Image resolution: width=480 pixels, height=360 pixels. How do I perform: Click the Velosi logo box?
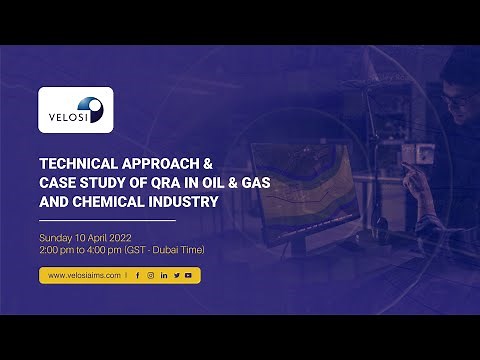pyautogui.click(x=75, y=110)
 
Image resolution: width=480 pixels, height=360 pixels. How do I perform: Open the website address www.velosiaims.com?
pyautogui.click(x=82, y=275)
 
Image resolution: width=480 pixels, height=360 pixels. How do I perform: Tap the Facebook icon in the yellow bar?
pyautogui.click(x=137, y=275)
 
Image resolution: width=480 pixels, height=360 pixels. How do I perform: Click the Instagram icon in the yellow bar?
pyautogui.click(x=150, y=275)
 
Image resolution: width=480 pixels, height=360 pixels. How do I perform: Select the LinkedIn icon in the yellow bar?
pyautogui.click(x=163, y=275)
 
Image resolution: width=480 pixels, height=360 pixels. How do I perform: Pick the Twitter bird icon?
pyautogui.click(x=176, y=275)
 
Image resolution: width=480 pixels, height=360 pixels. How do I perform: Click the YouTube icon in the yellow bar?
pyautogui.click(x=188, y=275)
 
